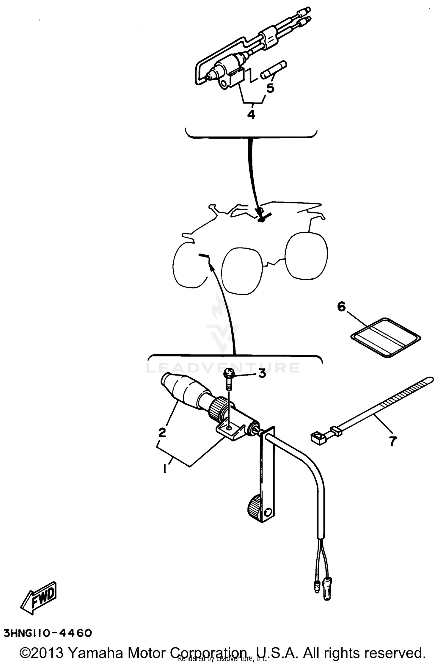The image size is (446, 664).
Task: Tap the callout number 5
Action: pos(270,88)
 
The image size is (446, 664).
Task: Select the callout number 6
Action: pos(342,306)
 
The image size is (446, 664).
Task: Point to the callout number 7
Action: pos(393,441)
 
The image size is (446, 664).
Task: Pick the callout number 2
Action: pos(162,432)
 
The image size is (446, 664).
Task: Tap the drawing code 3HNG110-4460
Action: pos(48,633)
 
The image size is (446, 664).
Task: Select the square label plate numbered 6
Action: pos(386,337)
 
